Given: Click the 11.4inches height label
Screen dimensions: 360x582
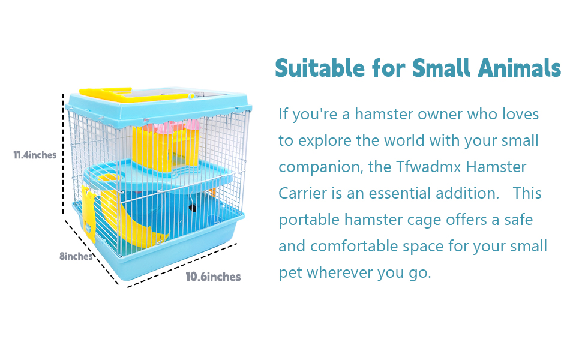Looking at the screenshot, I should [35, 155].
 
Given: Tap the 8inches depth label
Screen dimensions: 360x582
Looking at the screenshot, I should [76, 256].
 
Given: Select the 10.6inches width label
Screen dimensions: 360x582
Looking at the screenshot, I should [213, 277].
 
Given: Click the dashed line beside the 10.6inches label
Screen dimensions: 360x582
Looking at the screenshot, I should [183, 263].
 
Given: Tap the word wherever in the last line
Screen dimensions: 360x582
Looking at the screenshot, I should [340, 272].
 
